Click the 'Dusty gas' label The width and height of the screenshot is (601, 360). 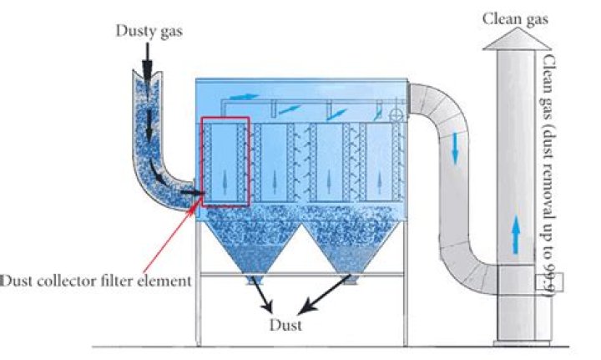(148, 31)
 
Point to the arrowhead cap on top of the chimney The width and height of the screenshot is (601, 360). (518, 38)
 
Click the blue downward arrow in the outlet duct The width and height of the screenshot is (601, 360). (454, 148)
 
